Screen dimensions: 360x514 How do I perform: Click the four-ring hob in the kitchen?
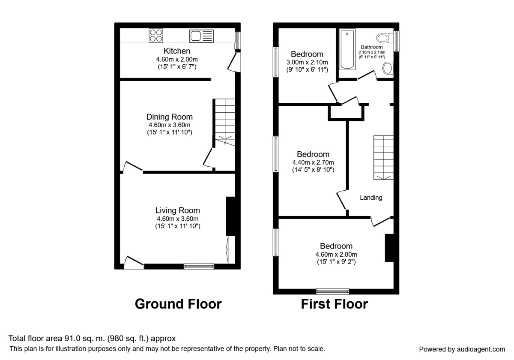tap(156, 36)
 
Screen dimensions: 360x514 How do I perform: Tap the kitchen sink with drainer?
tap(201, 36)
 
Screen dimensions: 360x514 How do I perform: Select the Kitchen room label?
tap(177, 51)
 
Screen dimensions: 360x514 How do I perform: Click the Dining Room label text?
tap(169, 117)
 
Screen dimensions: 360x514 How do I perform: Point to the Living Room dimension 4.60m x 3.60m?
tap(177, 218)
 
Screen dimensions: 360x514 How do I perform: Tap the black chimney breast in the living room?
tap(230, 216)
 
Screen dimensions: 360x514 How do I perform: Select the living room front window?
tap(199, 266)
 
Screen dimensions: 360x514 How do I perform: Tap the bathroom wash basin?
tap(388, 68)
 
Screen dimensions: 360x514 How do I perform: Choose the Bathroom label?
tap(371, 47)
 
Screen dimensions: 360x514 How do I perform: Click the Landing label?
tap(371, 198)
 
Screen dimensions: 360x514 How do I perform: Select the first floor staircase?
tap(383, 156)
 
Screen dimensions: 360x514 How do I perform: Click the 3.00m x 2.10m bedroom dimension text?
tap(307, 62)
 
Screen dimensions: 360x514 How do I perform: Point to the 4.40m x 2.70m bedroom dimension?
tap(313, 162)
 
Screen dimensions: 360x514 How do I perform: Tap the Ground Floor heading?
tap(178, 304)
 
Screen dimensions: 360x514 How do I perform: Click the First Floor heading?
tap(334, 304)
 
